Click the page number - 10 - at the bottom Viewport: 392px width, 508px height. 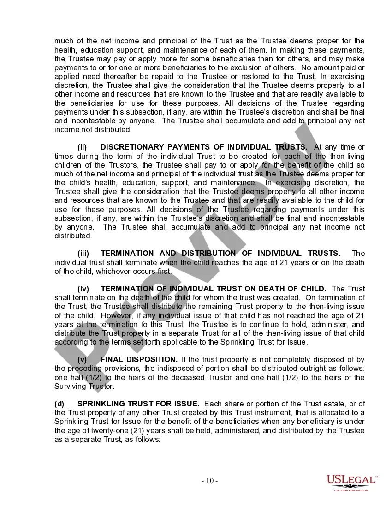[x=210, y=481]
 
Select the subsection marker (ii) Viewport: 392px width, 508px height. [x=82, y=147]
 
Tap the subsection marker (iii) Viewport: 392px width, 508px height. [x=83, y=253]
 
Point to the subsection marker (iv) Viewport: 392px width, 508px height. [x=83, y=289]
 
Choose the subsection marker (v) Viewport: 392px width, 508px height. [x=82, y=359]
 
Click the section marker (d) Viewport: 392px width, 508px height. [x=59, y=404]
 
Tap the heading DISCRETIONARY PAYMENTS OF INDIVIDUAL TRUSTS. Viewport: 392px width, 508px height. [x=203, y=147]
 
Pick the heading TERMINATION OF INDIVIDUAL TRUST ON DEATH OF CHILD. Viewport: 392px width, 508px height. [x=213, y=289]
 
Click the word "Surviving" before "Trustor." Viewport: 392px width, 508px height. [x=70, y=386]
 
